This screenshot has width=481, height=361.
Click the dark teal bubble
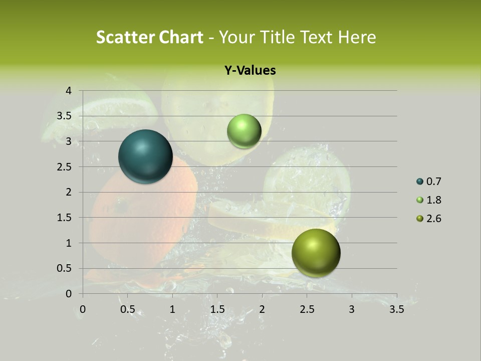point(146,156)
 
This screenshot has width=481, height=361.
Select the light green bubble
point(244,131)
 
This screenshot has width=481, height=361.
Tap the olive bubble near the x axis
point(316,253)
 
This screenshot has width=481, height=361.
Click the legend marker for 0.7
point(419,182)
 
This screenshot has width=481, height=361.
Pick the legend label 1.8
point(433,200)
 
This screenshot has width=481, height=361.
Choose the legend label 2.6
point(433,219)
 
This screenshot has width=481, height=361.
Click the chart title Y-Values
point(250,71)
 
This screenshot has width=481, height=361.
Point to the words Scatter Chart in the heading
point(150,37)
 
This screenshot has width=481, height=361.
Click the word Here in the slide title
point(357,37)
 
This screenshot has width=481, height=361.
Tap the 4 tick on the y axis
point(69,91)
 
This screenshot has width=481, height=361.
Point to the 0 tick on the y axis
point(69,294)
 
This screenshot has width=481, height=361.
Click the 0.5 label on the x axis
point(127,309)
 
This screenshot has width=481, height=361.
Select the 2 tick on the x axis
point(262,309)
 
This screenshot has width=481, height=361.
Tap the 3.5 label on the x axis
point(396,309)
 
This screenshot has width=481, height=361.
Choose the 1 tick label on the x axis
point(172,309)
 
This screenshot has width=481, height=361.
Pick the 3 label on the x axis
point(352,309)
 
